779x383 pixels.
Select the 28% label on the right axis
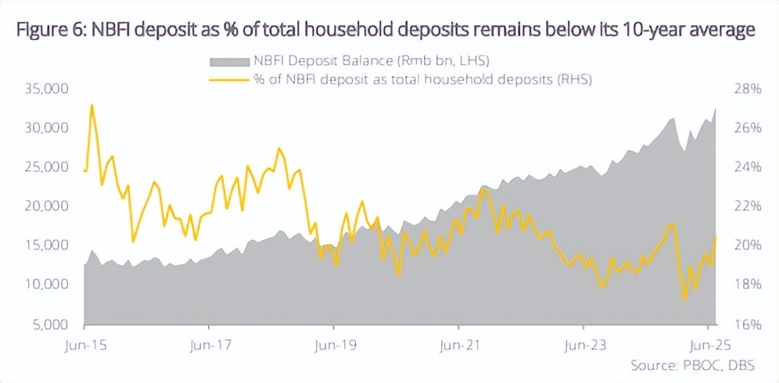[x=746, y=89]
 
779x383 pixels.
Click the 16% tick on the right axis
[x=746, y=324]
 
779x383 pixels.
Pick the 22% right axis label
[x=746, y=206]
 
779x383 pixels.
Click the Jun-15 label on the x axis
[x=84, y=343]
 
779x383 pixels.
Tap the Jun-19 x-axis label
[x=333, y=343]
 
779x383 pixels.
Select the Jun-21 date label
[x=458, y=343]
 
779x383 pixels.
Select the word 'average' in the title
[x=722, y=30]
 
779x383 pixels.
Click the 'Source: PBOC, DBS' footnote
[x=691, y=365]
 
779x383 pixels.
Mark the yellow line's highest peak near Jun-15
[x=92, y=105]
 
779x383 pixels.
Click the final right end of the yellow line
[x=716, y=236]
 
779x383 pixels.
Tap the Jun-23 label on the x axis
[x=583, y=343]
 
